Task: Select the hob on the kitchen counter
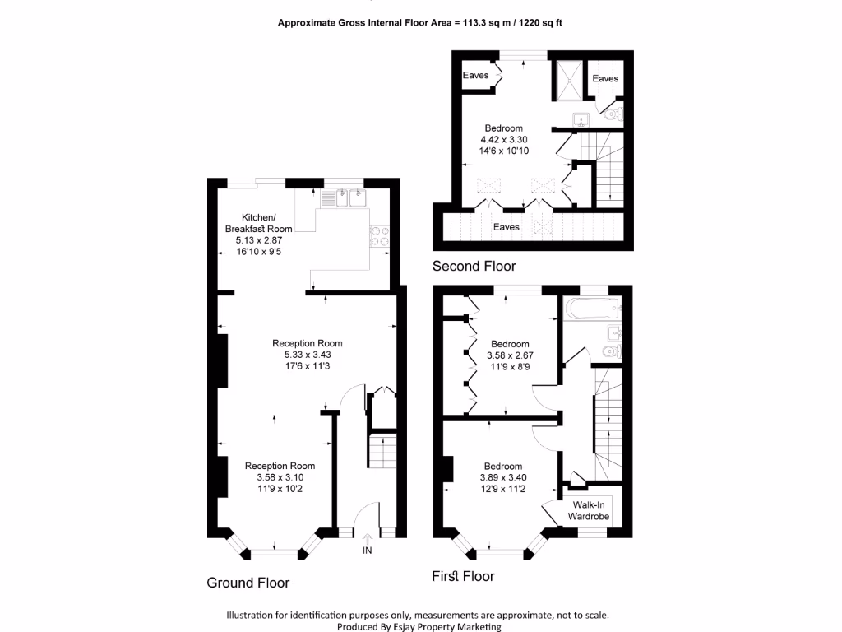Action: click(x=380, y=237)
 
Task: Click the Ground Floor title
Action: click(x=248, y=583)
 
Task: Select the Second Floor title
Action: click(x=474, y=266)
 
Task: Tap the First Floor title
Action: click(x=463, y=576)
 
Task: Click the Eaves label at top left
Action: click(x=476, y=75)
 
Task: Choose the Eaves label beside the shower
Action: click(x=605, y=78)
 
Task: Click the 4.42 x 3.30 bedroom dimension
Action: click(x=502, y=140)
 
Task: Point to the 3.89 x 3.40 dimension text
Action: click(x=502, y=477)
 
